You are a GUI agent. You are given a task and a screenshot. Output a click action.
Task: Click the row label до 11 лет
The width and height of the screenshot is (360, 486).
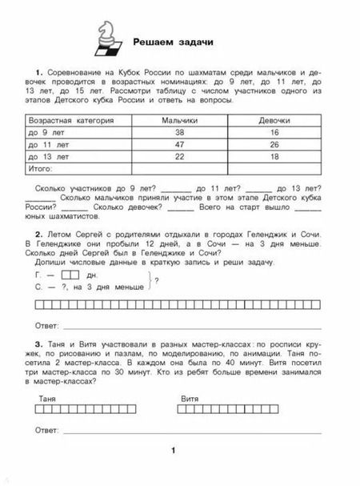tap(50, 145)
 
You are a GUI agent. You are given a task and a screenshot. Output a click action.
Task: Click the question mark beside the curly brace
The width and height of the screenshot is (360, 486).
tap(156, 279)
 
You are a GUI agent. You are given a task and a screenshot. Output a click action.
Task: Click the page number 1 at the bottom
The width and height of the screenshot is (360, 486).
tap(173, 452)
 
